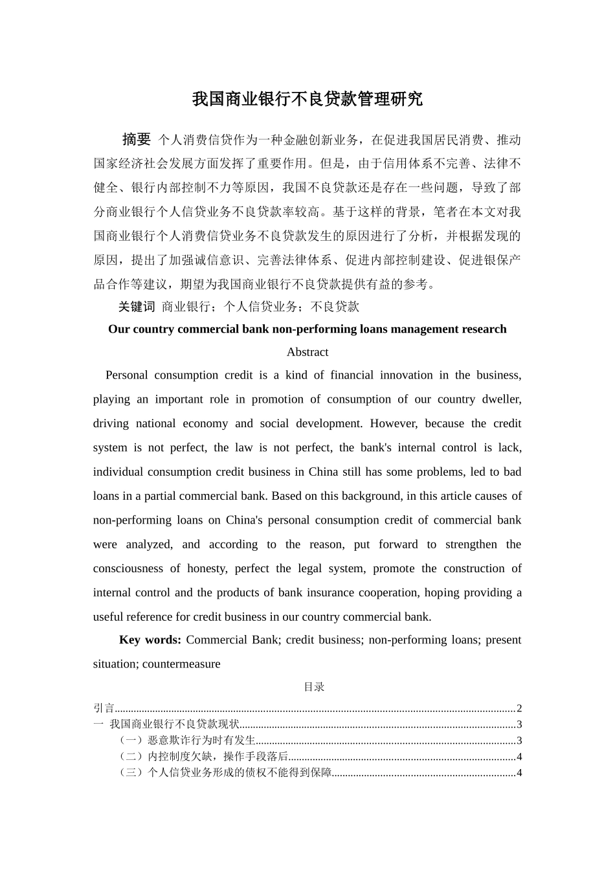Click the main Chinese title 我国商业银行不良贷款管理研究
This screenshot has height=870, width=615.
click(307, 99)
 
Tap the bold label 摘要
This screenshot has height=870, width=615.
click(136, 139)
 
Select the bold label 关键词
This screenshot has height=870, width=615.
click(137, 307)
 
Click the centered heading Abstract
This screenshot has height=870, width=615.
click(307, 352)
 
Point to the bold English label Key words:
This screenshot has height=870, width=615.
click(150, 640)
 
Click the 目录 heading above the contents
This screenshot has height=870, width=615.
click(314, 687)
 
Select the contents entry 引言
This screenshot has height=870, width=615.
click(104, 708)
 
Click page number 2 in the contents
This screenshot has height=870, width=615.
click(519, 708)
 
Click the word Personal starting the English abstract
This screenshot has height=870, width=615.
click(126, 375)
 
